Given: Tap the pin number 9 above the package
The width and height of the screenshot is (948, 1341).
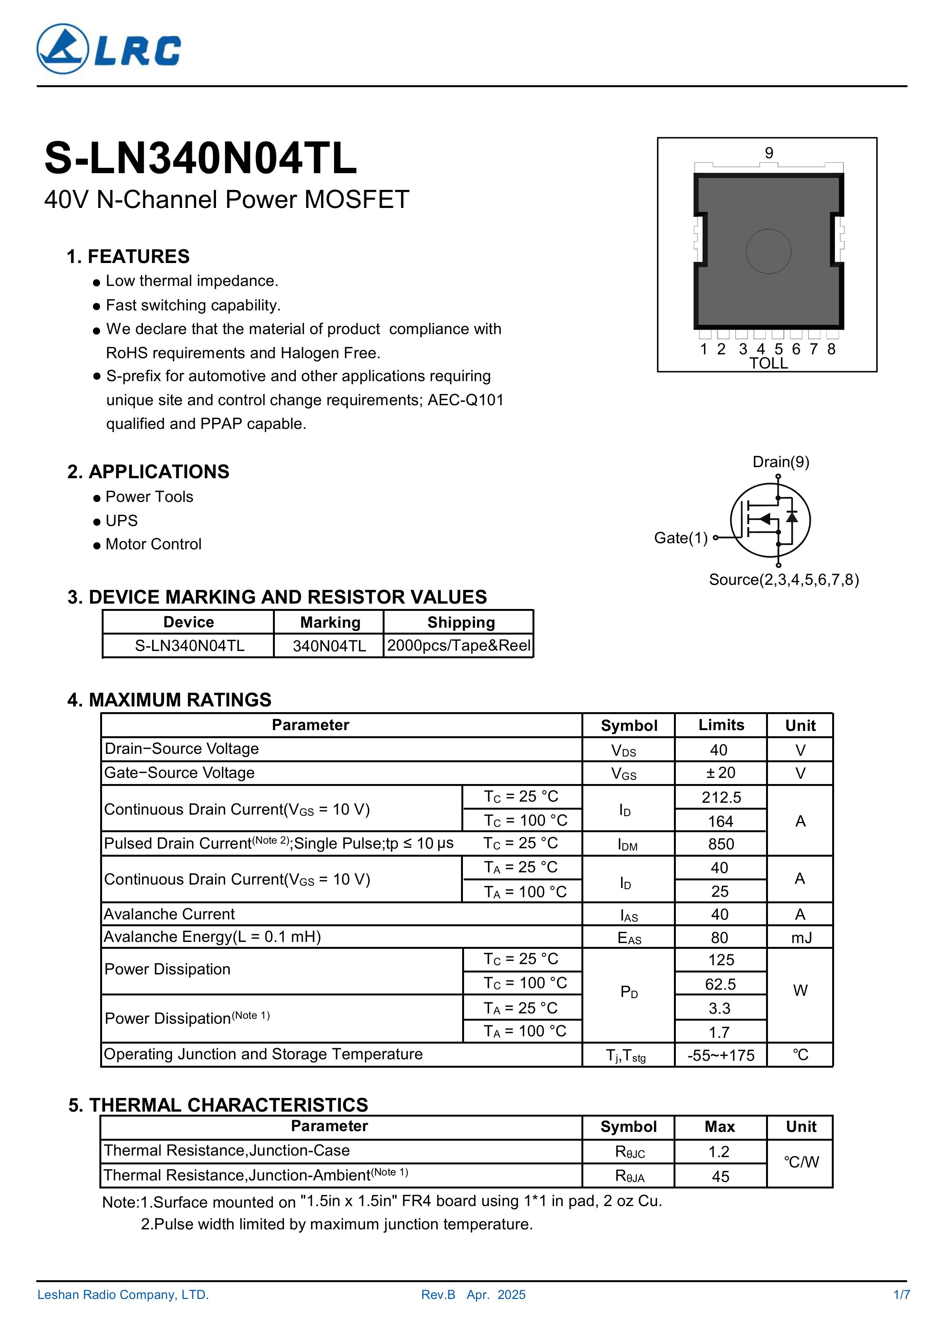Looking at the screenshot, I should [769, 153].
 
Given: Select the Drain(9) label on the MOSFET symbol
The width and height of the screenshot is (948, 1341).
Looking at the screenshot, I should [780, 462].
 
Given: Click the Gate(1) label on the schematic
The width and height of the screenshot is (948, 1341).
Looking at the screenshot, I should [680, 538].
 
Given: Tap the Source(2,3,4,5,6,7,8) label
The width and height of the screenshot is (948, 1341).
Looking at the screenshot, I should [783, 580].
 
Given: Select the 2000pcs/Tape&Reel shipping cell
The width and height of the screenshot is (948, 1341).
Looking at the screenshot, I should [459, 645].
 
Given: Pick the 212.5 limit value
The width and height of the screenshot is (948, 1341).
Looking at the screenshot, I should [721, 798].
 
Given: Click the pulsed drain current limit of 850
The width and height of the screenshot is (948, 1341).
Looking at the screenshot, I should [721, 844].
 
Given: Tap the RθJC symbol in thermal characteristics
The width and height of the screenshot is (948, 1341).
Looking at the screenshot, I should [629, 1152].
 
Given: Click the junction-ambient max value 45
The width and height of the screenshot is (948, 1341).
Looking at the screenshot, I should [720, 1176].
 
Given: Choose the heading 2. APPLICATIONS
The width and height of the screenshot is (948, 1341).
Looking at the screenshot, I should [148, 471].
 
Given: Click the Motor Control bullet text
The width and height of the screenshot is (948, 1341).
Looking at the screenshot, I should [153, 544].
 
